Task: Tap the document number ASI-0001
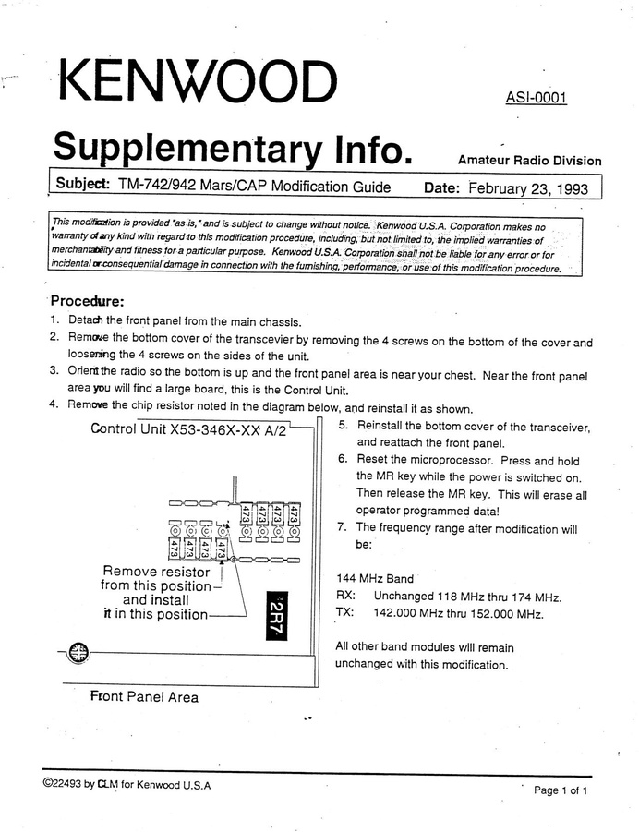pos(536,99)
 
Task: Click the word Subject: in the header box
pos(83,185)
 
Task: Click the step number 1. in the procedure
pos(54,320)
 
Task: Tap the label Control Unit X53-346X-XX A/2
pos(189,428)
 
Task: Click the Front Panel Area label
pos(144,696)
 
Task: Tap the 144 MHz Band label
pos(375,579)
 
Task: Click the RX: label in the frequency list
pos(346,597)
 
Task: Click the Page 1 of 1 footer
pos(561,790)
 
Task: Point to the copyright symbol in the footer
pos(47,784)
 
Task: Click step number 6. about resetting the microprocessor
pos(343,460)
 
